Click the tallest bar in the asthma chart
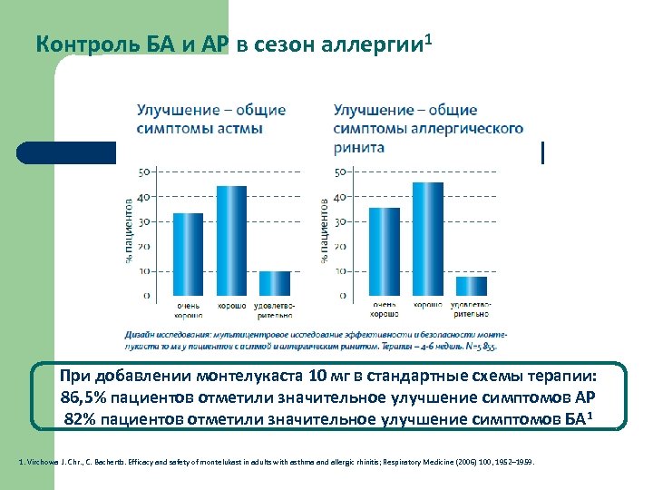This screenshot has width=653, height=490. click(231, 240)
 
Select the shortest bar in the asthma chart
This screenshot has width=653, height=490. click(275, 283)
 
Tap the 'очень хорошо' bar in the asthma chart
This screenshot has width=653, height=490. click(188, 254)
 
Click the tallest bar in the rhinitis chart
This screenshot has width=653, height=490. click(428, 239)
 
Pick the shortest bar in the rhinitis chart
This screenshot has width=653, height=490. click(471, 286)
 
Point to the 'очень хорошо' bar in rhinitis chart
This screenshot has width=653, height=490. click(385, 251)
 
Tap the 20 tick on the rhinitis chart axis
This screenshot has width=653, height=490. click(341, 247)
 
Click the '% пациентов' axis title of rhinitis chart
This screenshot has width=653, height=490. click(325, 231)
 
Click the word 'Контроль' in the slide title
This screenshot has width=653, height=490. click(77, 44)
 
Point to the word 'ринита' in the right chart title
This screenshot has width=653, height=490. click(359, 147)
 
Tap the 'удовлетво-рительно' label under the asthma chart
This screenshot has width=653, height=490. click(275, 310)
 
